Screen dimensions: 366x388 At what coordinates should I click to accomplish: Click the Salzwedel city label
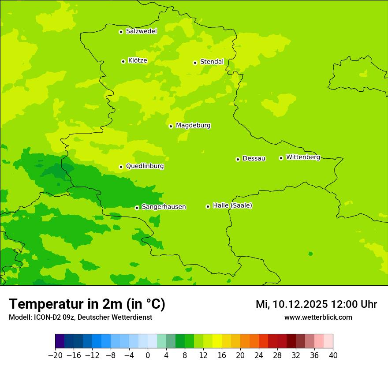[x=141, y=31]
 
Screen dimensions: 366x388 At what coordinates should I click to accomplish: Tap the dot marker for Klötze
[x=123, y=61]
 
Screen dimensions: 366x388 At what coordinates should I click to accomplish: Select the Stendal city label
[x=212, y=62]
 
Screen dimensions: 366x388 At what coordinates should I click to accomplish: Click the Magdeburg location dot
[x=171, y=126]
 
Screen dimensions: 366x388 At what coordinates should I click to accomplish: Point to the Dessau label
[x=254, y=158]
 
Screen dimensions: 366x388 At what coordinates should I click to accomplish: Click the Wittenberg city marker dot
[x=281, y=158]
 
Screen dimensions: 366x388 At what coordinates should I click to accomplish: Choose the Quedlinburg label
[x=145, y=166]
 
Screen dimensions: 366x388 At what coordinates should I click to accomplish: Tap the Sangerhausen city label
[x=164, y=207]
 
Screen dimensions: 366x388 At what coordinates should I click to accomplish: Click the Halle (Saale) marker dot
[x=208, y=206]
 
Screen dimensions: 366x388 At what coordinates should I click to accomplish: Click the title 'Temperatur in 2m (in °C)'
[x=87, y=304]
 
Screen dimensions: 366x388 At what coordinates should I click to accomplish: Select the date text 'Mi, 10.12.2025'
[x=291, y=304]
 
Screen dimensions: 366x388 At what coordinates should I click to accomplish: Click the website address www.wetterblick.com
[x=318, y=317]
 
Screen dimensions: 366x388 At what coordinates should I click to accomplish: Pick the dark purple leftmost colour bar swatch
[x=60, y=341]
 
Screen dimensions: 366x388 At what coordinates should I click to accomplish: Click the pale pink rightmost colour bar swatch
[x=328, y=341]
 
